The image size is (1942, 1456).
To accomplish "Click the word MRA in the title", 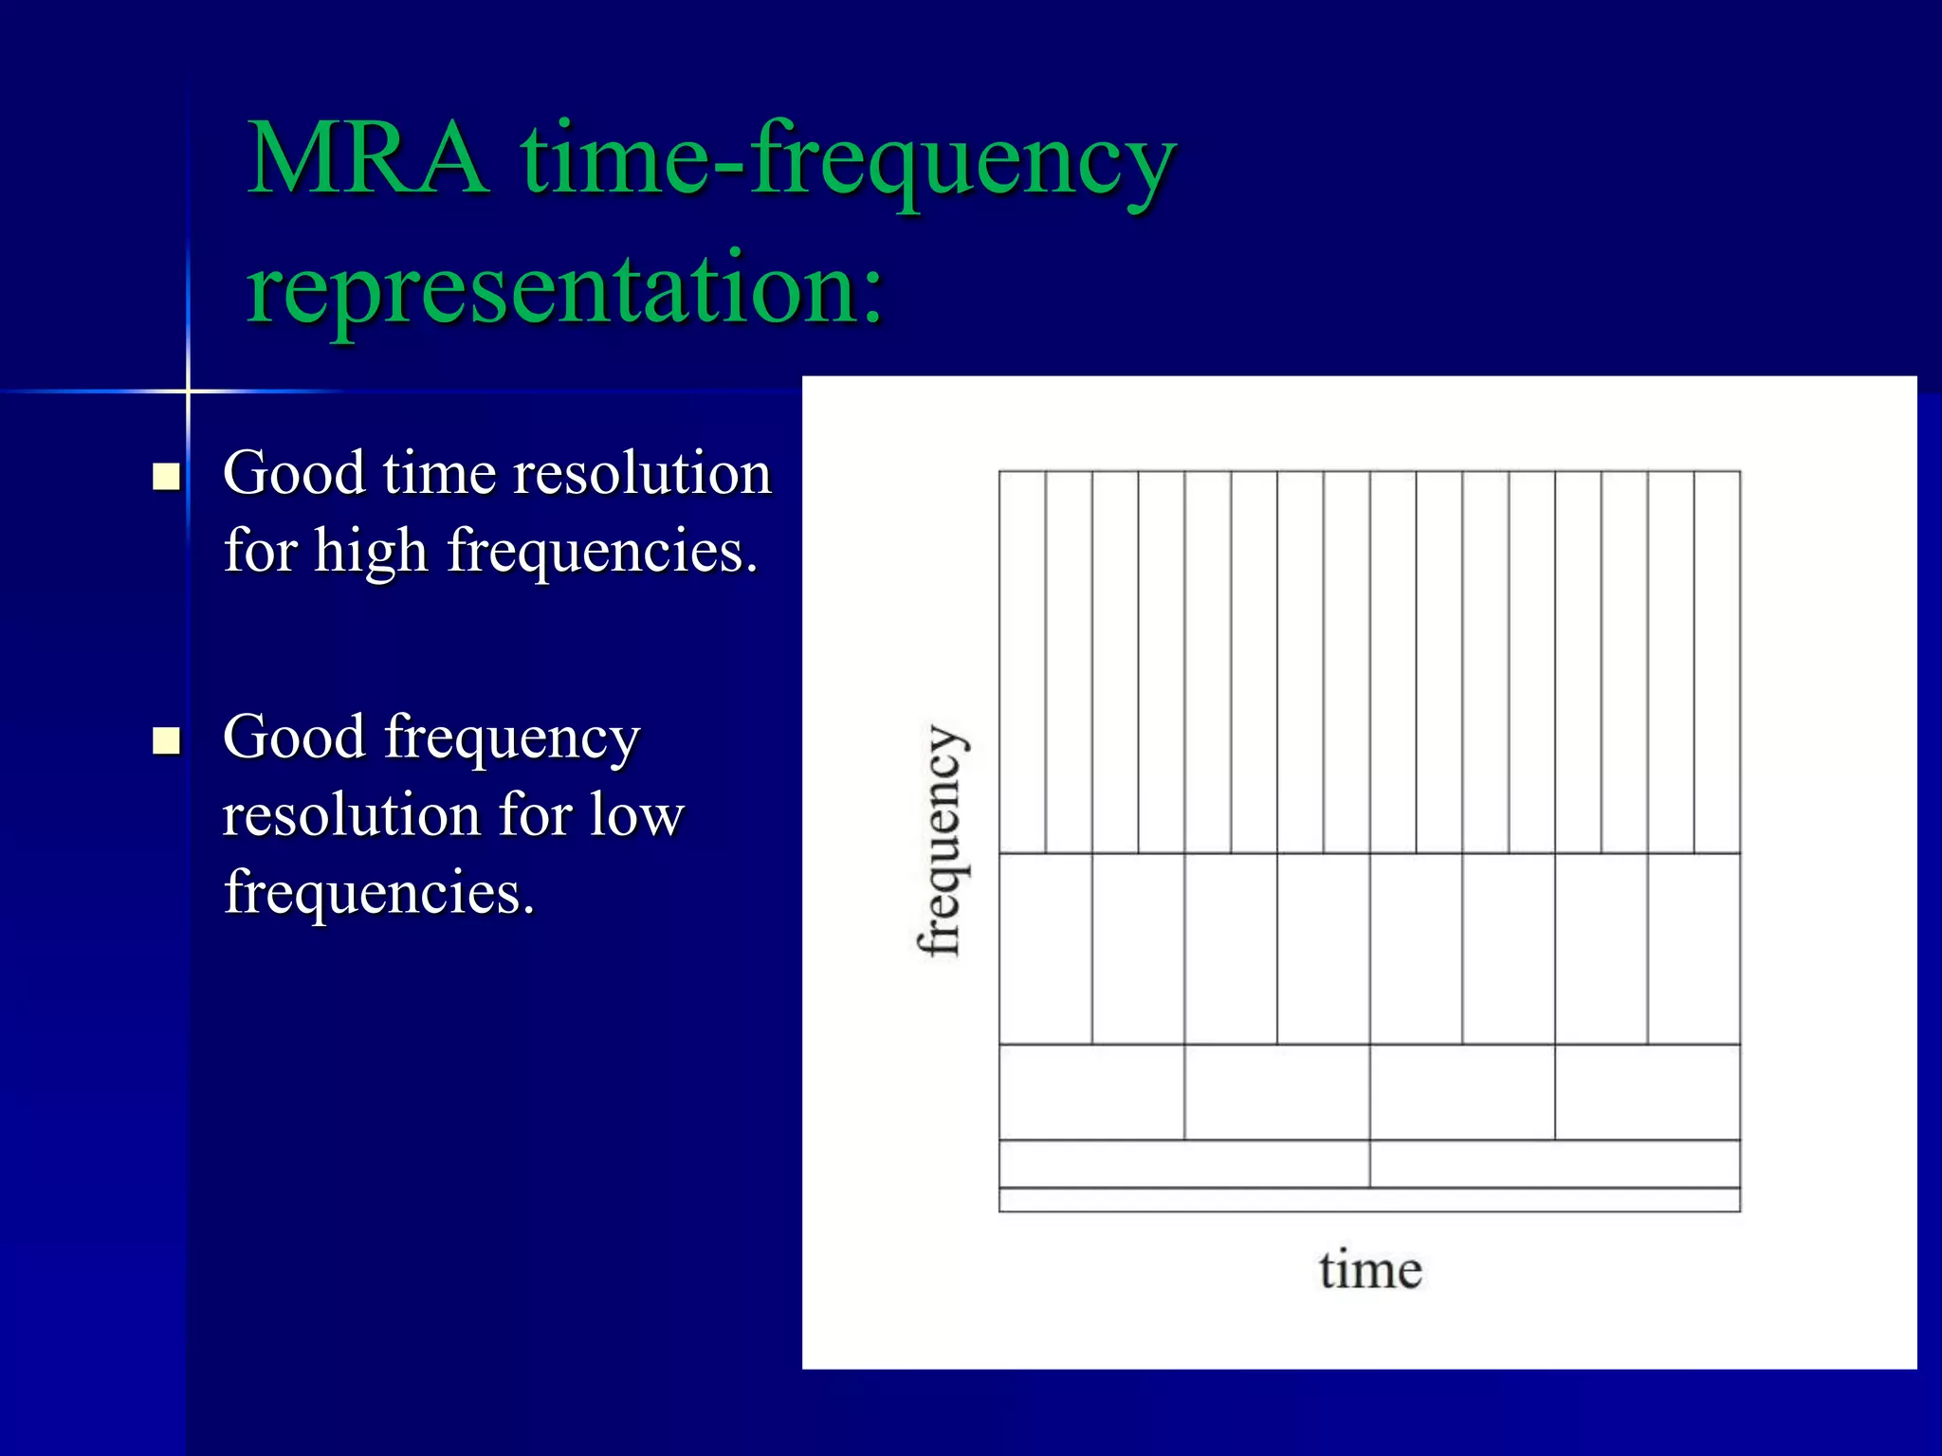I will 368,159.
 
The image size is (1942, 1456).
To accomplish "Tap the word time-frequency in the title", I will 849,161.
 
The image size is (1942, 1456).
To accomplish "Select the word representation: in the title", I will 565,287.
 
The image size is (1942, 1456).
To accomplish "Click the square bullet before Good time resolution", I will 167,475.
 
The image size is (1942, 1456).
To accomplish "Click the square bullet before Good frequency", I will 167,739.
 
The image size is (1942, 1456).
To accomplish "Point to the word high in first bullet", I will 371,551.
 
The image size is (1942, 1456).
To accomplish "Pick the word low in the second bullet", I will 636,815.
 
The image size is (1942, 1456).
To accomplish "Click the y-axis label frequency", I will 941,841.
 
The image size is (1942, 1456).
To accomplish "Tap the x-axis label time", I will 1370,1270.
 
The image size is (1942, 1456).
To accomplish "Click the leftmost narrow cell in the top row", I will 1022,662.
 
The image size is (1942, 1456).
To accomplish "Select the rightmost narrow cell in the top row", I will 1717,662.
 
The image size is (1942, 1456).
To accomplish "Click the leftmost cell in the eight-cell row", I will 1045,949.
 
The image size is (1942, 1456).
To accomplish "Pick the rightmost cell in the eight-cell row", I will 1694,949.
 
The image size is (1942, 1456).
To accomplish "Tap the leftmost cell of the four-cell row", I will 1091,1092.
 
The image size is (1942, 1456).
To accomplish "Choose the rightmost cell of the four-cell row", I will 1647,1092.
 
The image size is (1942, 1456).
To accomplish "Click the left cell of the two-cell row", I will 1184,1163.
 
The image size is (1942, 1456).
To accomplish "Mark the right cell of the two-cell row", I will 1555,1163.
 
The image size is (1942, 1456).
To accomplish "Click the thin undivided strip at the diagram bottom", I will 1369,1200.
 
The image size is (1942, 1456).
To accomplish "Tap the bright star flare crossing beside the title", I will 188,391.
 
